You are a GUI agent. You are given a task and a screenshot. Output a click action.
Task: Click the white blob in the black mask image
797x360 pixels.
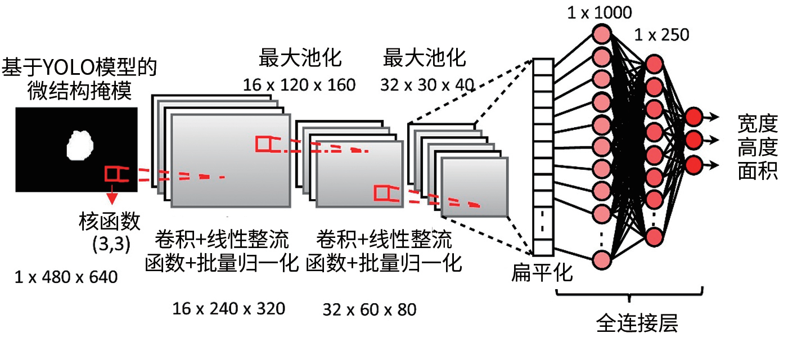pyautogui.click(x=80, y=145)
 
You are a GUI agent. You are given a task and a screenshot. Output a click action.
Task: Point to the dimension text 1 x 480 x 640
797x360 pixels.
pyautogui.click(x=66, y=277)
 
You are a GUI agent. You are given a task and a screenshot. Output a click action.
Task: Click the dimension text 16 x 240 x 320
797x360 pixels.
pyautogui.click(x=228, y=308)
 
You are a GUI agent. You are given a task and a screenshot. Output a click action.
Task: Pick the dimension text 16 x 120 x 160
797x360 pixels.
pyautogui.click(x=299, y=85)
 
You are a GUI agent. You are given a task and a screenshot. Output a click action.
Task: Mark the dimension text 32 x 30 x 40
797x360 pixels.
pyautogui.click(x=426, y=85)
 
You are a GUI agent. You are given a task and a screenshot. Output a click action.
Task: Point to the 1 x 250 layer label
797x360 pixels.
pyautogui.click(x=661, y=35)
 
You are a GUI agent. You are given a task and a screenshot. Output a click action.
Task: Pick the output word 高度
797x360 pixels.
pyautogui.click(x=757, y=147)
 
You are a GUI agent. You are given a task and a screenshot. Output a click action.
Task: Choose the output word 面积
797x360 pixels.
pyautogui.click(x=757, y=170)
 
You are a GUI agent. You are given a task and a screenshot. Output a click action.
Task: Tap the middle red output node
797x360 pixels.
pyautogui.click(x=694, y=138)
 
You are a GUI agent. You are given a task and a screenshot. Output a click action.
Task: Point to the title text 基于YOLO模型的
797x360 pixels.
pyautogui.click(x=79, y=69)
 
